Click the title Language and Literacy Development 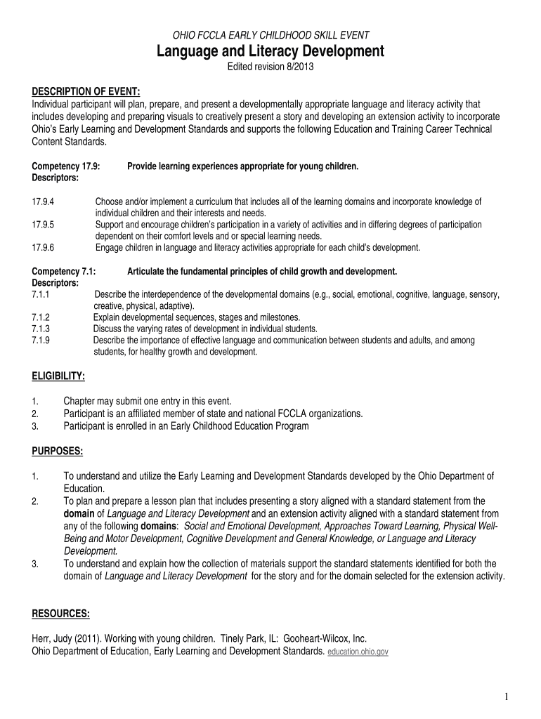coord(270,51)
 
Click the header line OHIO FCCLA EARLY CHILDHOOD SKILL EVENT coord(270,34)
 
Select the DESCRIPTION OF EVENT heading coord(86,91)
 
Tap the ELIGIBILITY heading coord(59,376)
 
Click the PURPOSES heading coord(58,449)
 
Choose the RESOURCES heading coord(61,614)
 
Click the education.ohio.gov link coord(358,652)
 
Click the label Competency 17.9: coord(67,167)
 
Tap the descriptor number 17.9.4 coord(44,202)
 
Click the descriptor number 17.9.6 coord(44,247)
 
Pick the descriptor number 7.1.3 coord(41,328)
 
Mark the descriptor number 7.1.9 coord(41,340)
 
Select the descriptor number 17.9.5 coord(44,225)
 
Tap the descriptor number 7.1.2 coord(41,317)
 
